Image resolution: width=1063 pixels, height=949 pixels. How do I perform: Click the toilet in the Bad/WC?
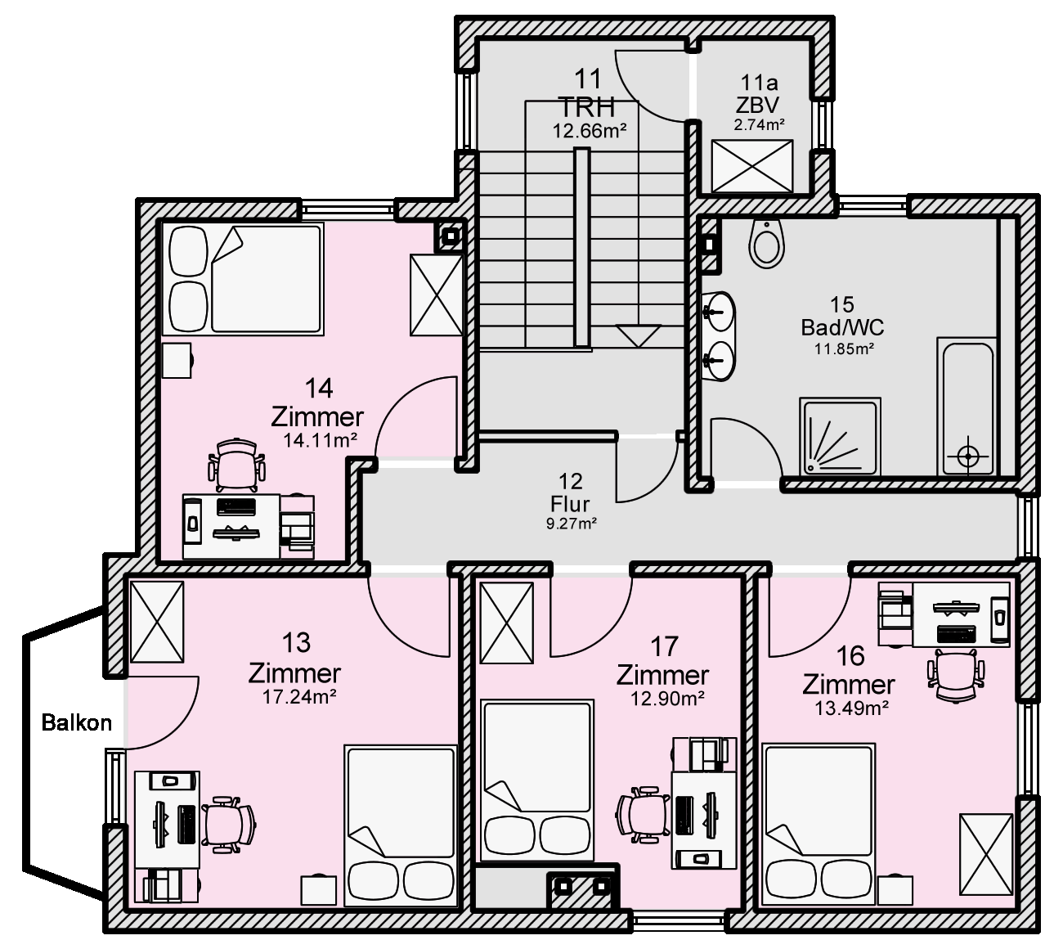click(766, 242)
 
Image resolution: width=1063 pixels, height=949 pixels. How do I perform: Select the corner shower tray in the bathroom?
click(840, 437)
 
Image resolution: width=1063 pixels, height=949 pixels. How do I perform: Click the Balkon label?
click(77, 722)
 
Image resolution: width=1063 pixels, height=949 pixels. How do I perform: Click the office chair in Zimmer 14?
click(236, 465)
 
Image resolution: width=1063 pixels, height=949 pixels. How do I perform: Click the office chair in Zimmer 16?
click(955, 676)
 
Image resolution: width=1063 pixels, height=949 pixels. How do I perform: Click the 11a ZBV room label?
click(759, 94)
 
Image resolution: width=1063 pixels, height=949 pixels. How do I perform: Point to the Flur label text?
click(570, 505)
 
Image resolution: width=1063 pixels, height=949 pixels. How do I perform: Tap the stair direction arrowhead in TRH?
click(638, 336)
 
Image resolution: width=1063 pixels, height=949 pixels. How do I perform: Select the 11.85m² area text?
click(844, 349)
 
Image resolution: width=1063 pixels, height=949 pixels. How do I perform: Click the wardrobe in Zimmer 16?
click(986, 854)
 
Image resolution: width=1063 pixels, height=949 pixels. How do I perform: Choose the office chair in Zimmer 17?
click(644, 815)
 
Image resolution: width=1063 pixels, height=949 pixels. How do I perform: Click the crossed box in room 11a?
click(751, 166)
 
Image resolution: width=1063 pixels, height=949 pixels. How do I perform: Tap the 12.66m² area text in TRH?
click(590, 131)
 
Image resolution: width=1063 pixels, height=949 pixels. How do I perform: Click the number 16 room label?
click(850, 656)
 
